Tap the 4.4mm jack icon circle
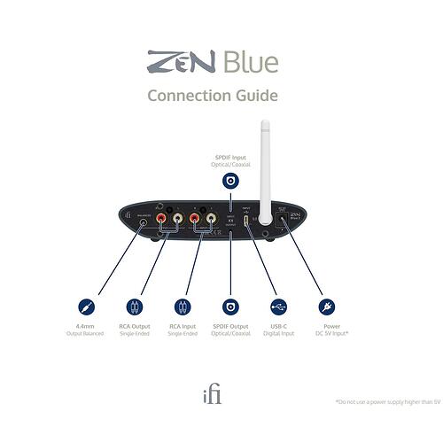(x=86, y=307)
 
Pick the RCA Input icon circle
(x=183, y=307)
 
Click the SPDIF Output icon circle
(x=230, y=307)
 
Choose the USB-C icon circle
(x=278, y=307)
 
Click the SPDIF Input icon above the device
(x=230, y=181)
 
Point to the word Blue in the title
(x=250, y=62)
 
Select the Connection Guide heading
(x=213, y=95)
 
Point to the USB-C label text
(x=278, y=326)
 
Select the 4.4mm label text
(x=86, y=326)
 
